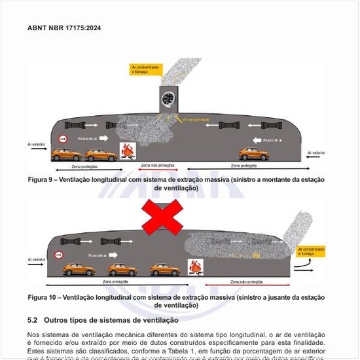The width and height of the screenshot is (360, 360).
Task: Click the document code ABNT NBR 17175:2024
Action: [x=64, y=29]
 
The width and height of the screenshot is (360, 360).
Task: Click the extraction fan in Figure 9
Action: [x=170, y=99]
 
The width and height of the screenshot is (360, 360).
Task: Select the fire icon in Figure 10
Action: [x=195, y=268]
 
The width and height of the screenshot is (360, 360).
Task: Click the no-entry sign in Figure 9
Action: [x=63, y=139]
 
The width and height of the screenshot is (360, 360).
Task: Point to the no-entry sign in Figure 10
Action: [x=60, y=255]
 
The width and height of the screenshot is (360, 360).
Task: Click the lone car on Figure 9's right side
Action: [x=253, y=154]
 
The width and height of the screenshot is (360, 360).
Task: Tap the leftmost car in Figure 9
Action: [x=67, y=154]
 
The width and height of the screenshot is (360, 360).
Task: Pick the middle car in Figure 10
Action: [x=122, y=269]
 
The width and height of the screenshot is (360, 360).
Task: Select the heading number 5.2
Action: [x=33, y=320]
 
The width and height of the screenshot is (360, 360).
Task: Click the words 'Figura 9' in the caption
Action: [x=41, y=179]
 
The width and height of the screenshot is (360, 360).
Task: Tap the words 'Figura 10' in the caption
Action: [x=43, y=297]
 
